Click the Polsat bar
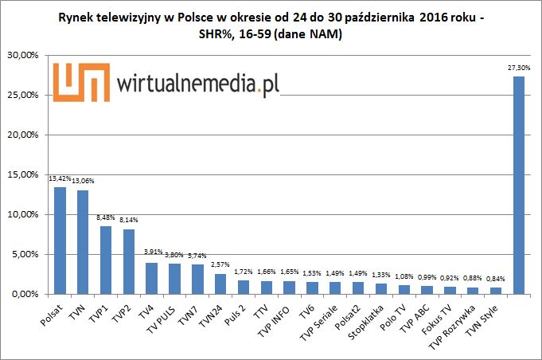pyautogui.click(x=60, y=241)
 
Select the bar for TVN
pyautogui.click(x=83, y=242)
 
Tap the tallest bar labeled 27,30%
pyautogui.click(x=518, y=185)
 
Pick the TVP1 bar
pyautogui.click(x=106, y=260)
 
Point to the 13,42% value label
pyautogui.click(x=59, y=179)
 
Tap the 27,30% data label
pyautogui.click(x=518, y=68)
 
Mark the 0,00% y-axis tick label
pyautogui.click(x=25, y=294)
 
